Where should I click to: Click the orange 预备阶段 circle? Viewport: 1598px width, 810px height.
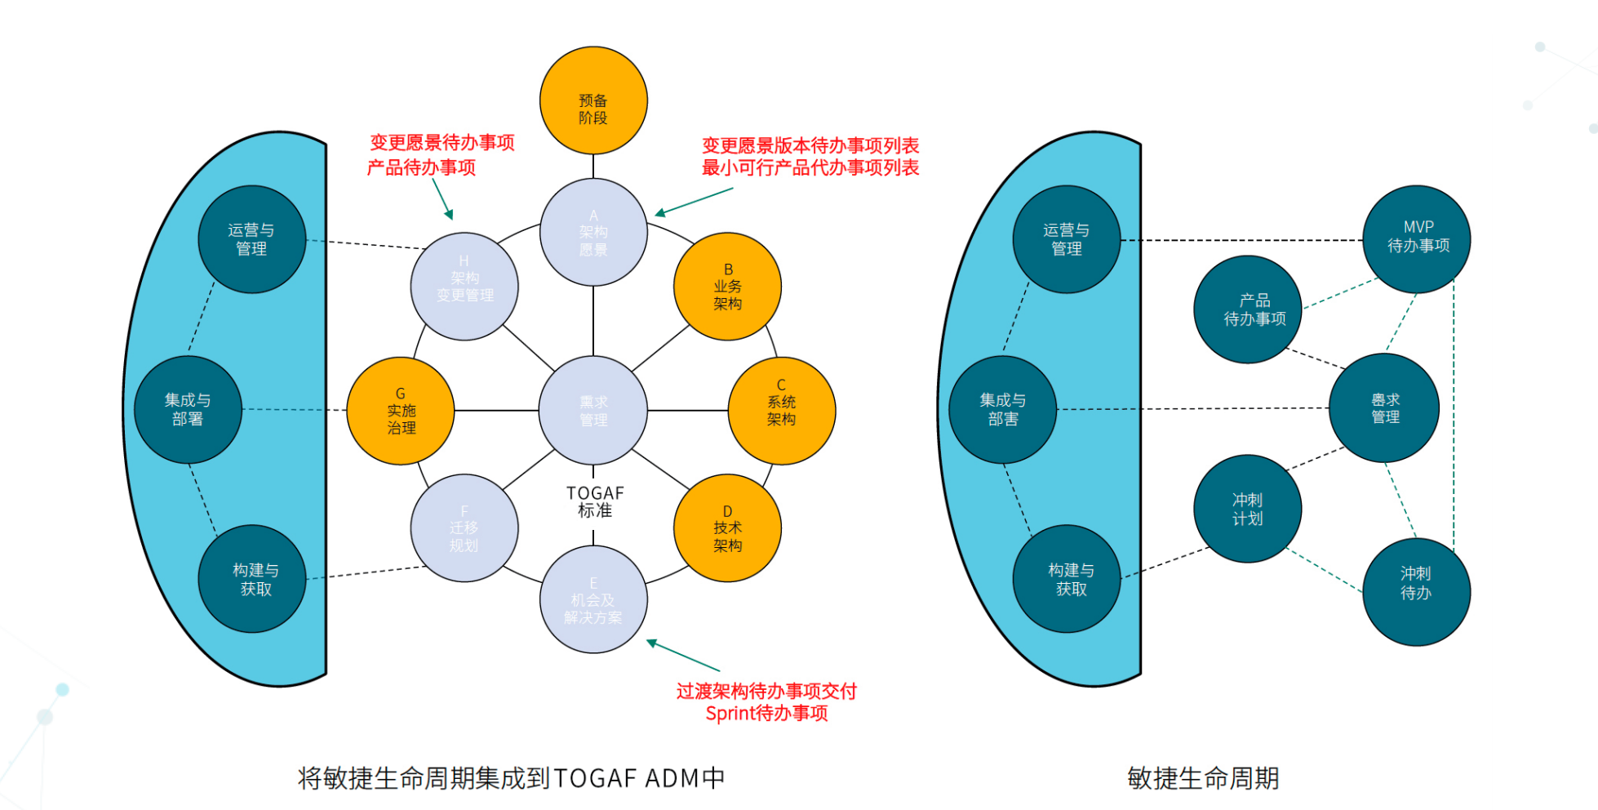593,100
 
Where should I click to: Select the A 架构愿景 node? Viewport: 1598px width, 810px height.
593,233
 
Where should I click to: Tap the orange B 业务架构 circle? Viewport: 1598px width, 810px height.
727,287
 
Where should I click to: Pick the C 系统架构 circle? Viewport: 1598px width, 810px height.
781,411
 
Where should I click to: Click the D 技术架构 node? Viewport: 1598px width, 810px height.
727,528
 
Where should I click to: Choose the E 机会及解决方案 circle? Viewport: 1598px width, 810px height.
593,599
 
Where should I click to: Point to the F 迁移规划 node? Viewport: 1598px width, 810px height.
464,528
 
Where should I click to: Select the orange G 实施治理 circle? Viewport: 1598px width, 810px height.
401,411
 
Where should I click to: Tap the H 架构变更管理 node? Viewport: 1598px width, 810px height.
464,287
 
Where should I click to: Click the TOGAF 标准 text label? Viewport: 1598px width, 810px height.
595,501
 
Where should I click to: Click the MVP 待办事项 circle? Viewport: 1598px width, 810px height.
1417,238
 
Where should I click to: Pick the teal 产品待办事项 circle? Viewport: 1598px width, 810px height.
1247,309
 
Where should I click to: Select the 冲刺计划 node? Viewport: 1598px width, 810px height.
1247,509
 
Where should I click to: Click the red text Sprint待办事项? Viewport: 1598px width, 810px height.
766,714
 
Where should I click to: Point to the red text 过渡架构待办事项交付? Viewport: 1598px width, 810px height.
766,691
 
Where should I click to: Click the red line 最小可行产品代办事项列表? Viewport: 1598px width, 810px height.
810,167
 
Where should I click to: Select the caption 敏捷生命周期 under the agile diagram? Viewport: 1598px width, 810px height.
1202,778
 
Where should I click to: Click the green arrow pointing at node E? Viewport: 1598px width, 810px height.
682,656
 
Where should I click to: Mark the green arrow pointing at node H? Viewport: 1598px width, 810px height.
442,198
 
